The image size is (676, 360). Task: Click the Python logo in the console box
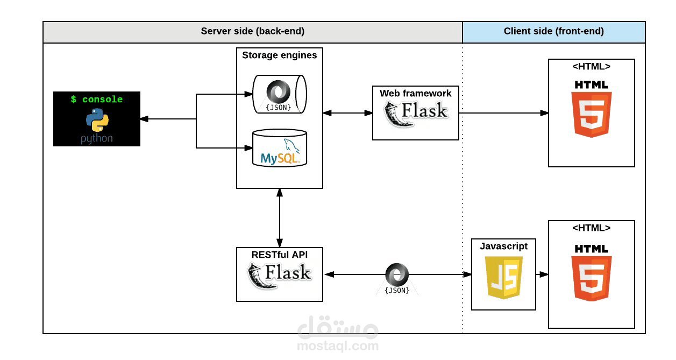[97, 120]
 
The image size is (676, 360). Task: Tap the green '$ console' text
[97, 99]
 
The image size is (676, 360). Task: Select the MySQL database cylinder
[280, 148]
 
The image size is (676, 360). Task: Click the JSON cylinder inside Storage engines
[280, 94]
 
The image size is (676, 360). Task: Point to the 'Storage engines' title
[280, 55]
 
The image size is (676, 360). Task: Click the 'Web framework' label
[416, 93]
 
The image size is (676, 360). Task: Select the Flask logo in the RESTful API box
[280, 276]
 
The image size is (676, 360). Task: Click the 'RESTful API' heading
[280, 255]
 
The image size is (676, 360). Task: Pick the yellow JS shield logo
[504, 278]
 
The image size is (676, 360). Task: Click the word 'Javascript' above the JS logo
[504, 246]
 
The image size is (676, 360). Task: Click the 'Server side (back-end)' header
[253, 31]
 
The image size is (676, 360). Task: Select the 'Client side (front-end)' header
[554, 31]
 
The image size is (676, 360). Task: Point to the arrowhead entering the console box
[144, 119]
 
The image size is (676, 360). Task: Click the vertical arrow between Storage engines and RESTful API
[280, 218]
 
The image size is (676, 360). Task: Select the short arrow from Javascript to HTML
[542, 274]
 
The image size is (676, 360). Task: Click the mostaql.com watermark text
[338, 345]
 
